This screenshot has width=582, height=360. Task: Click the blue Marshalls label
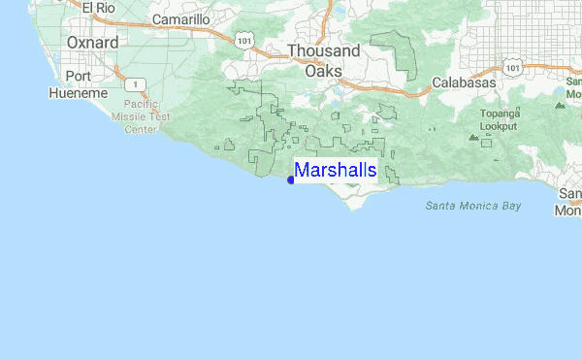pos(336,171)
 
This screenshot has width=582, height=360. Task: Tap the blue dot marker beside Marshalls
pos(291,180)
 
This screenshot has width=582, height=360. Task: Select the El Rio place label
pos(99,9)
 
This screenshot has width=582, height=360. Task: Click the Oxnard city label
pos(93,43)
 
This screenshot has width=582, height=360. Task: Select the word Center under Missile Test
pos(141,128)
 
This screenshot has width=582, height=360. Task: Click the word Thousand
pos(323,51)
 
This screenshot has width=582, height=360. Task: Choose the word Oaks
pos(323,71)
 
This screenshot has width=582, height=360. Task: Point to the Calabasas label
pos(464,83)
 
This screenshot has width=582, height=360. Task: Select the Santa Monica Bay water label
pos(472,206)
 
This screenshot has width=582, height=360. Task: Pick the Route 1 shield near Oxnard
pos(142,83)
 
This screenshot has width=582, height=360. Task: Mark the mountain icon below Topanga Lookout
pos(473,137)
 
